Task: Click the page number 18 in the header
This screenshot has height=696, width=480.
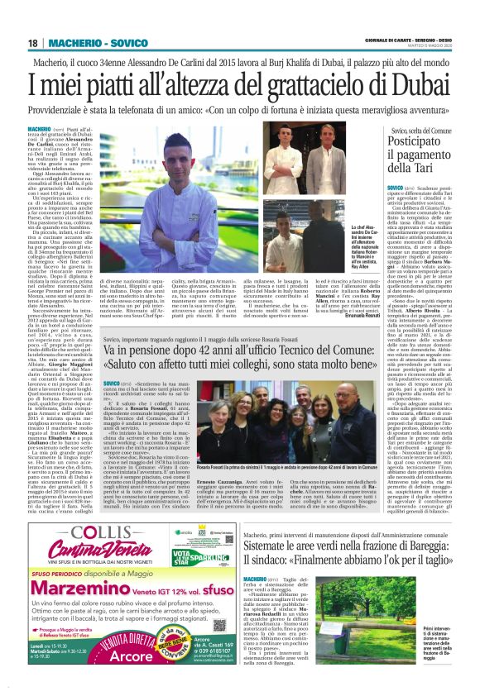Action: (x=33, y=43)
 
